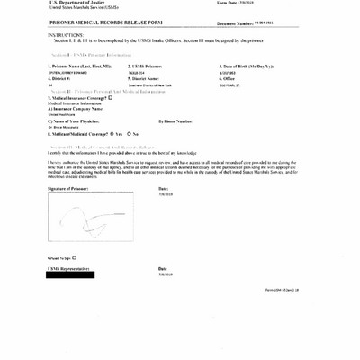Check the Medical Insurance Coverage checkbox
(110, 97)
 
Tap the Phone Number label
(176, 121)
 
